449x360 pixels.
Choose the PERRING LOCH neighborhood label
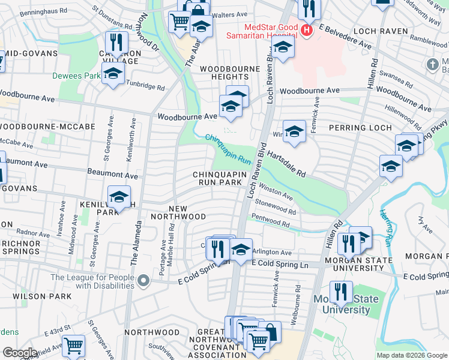click(x=360, y=128)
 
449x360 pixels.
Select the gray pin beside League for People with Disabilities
click(x=143, y=280)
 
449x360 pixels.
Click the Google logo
click(x=20, y=353)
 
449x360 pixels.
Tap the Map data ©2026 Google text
click(x=412, y=355)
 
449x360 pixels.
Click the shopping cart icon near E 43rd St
click(x=73, y=345)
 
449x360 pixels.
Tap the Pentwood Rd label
click(x=271, y=221)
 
